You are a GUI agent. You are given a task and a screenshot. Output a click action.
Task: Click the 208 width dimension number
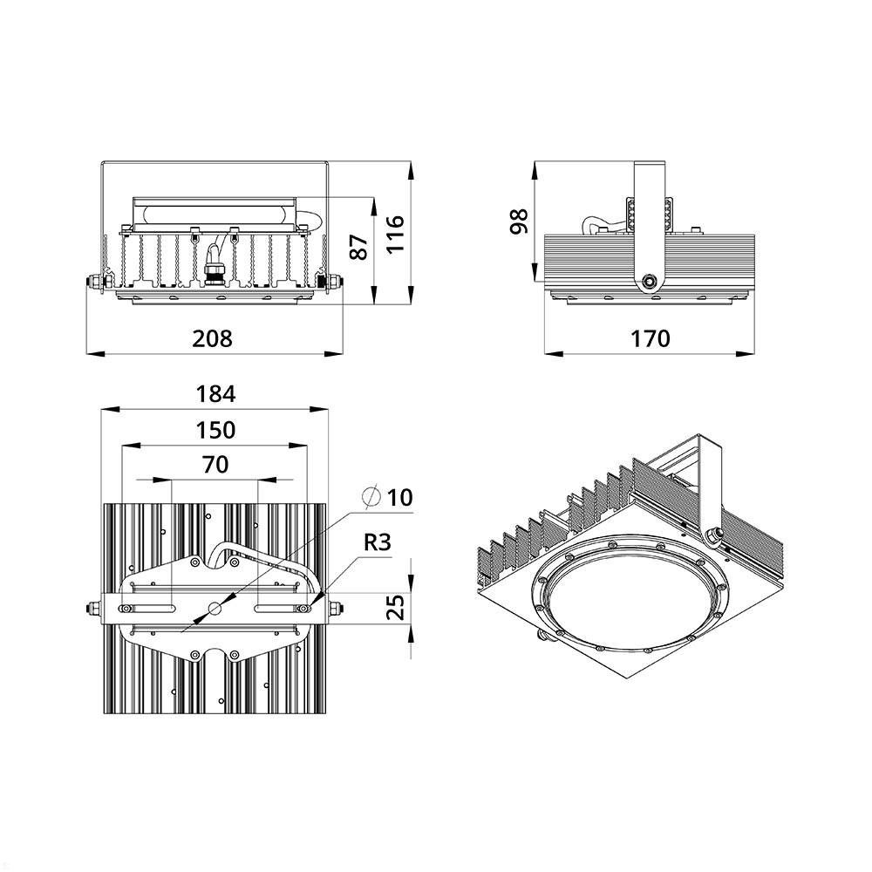(x=212, y=338)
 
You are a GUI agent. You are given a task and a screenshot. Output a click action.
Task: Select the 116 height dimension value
(x=395, y=234)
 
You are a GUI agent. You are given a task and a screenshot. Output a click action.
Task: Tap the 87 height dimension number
(x=360, y=247)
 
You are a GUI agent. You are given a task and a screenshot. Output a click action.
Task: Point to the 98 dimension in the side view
(x=520, y=221)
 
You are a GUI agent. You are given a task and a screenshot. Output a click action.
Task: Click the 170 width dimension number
(x=651, y=338)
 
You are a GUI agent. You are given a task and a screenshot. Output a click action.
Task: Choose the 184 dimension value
(x=215, y=394)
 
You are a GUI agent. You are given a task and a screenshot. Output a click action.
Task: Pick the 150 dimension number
(x=215, y=430)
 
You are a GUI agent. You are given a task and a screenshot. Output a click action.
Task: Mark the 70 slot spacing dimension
(x=215, y=465)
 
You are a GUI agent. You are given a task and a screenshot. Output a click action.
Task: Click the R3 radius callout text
(x=378, y=542)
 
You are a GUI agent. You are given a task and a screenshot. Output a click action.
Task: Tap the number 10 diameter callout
(x=400, y=497)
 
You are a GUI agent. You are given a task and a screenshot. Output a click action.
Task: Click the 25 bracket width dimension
(x=395, y=607)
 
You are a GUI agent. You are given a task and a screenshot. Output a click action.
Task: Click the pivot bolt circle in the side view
(x=649, y=282)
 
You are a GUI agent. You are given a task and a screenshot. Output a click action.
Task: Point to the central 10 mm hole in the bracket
(x=215, y=609)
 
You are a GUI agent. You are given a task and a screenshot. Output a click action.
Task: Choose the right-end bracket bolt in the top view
(x=335, y=609)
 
